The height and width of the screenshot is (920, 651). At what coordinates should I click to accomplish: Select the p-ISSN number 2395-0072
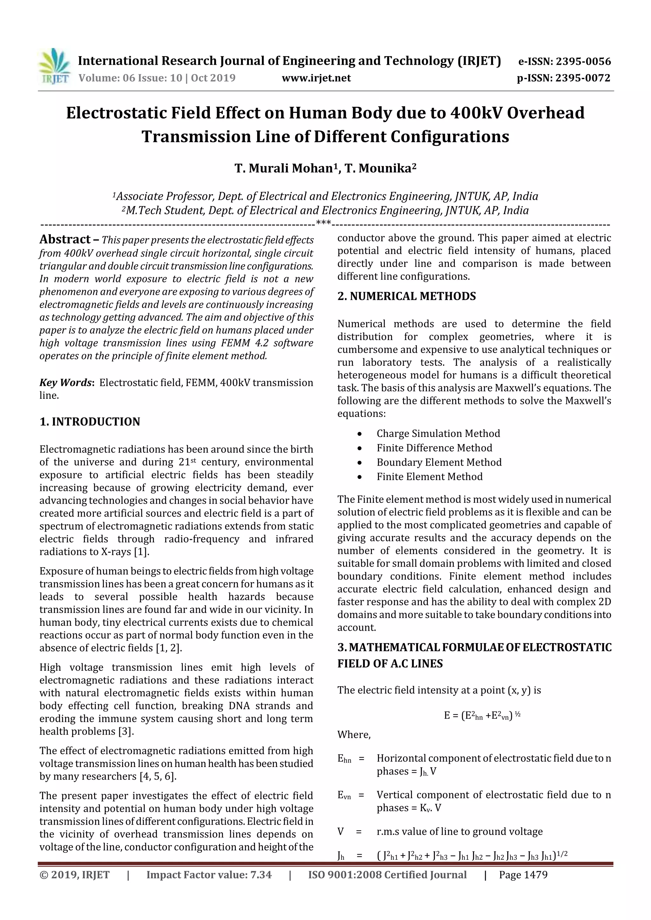point(583,78)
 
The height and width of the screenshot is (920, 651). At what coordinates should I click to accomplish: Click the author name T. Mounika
point(380,168)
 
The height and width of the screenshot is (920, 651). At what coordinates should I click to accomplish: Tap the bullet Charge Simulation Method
point(438,433)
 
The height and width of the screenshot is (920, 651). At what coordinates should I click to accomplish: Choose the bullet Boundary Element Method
point(439,462)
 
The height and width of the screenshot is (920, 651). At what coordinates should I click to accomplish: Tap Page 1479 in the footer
point(523,875)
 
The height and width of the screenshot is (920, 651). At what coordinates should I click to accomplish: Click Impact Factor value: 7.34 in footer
point(209,875)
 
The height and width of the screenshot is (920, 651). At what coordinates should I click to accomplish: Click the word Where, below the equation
point(354,735)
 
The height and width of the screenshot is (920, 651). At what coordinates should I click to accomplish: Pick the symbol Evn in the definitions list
point(344,796)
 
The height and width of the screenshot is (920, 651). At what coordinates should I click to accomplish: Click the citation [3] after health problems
point(126,731)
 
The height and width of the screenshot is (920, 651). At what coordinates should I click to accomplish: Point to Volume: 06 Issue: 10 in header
point(131,78)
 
